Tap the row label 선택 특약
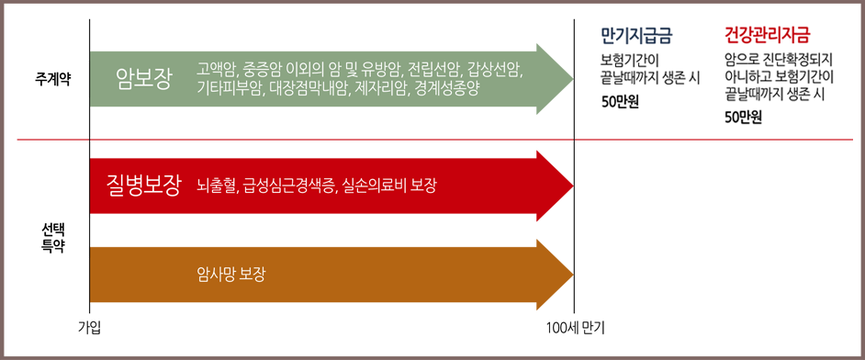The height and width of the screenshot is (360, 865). [x=52, y=236]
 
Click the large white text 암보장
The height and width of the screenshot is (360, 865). [x=144, y=78]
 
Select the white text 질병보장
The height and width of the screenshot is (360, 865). [x=143, y=186]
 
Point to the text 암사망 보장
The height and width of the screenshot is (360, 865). [x=231, y=274]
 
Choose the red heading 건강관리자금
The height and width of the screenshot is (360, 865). [x=767, y=37]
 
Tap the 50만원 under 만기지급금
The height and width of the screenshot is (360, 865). [x=620, y=103]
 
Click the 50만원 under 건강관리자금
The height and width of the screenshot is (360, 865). [x=743, y=118]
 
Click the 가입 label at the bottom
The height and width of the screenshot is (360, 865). [x=89, y=330]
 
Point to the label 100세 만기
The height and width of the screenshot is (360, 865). [x=575, y=330]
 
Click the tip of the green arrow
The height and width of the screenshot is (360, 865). [x=573, y=78]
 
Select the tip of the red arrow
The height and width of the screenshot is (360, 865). [x=573, y=186]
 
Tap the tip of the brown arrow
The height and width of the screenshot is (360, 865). [x=573, y=274]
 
